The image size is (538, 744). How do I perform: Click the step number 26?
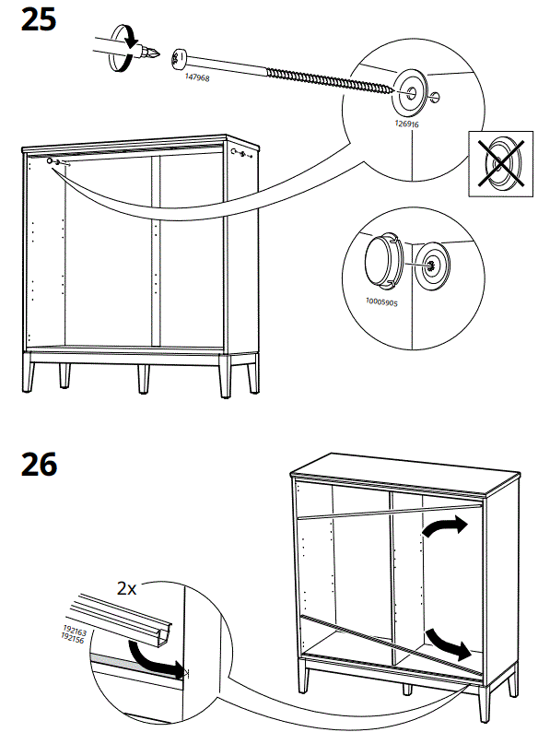(38, 464)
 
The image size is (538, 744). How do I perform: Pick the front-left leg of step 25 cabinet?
(29, 377)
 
